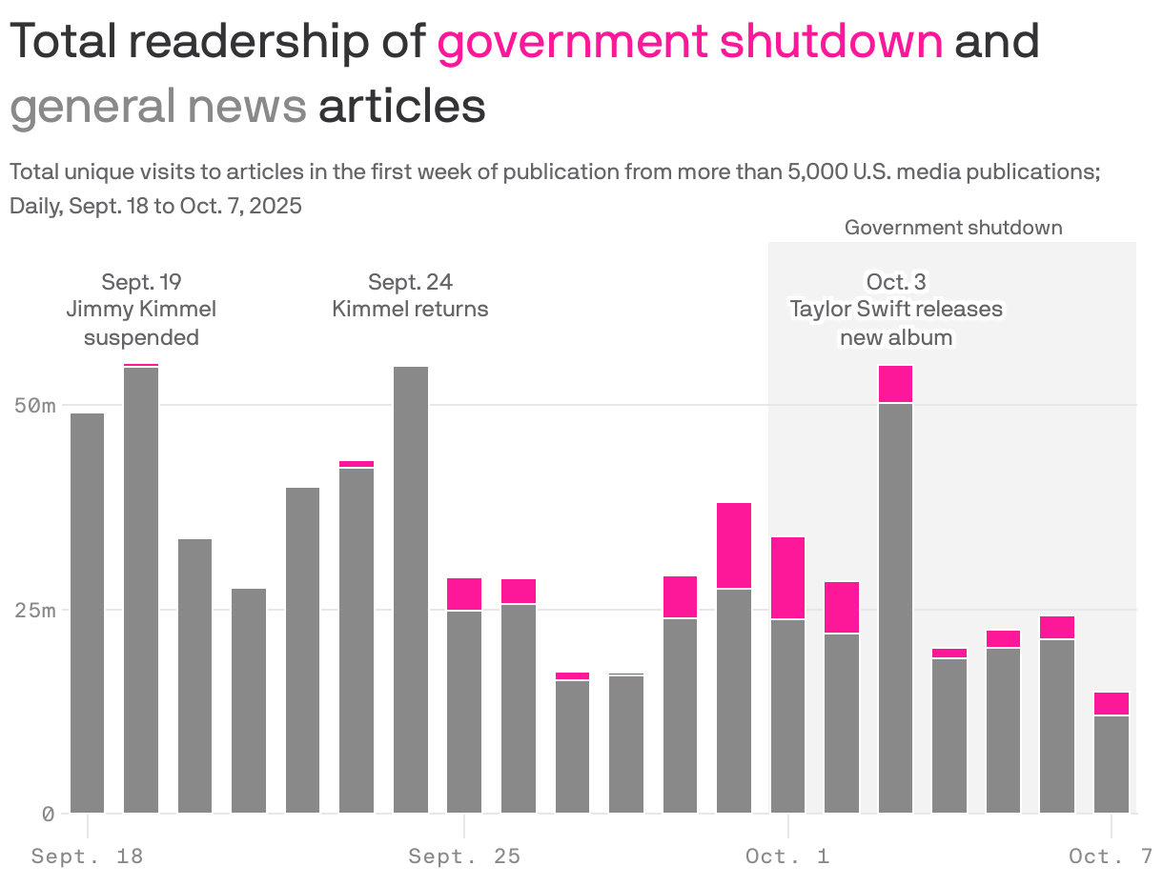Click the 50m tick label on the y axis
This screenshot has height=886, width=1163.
pos(35,406)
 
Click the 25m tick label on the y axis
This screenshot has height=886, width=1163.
pos(35,610)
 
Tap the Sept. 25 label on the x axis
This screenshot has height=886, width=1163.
pos(464,856)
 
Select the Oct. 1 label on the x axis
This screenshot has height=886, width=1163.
pos(787,856)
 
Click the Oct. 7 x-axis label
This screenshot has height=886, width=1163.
pos(1110,856)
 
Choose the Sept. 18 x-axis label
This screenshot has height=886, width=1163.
pos(87,856)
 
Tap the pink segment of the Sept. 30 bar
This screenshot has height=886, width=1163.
pos(734,545)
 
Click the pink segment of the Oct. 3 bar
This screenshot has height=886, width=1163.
pos(895,384)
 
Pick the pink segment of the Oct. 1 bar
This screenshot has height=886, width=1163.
pos(787,578)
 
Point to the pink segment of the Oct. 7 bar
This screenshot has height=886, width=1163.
pos(1111,704)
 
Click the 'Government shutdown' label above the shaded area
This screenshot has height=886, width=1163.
pos(952,228)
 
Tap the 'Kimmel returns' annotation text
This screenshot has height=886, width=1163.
pos(410,310)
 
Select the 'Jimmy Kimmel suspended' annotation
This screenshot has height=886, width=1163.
pos(141,310)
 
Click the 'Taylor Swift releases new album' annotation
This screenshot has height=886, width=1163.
pos(895,310)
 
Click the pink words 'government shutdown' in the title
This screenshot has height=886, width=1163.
pos(689,42)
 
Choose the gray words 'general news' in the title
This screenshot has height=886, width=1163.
pos(158,107)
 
